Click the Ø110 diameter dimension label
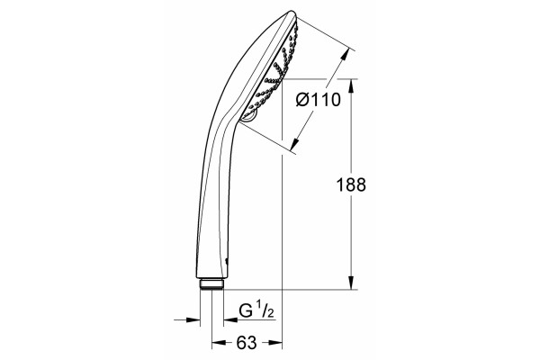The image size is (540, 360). pos(319,100)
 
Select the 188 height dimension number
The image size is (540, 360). pos(351,184)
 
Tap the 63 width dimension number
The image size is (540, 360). pos(247,342)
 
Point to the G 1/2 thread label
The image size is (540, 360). pos(256,310)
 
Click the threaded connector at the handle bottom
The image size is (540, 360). pos(211,284)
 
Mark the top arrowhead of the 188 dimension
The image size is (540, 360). pos(351,86)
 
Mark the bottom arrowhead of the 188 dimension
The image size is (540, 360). pos(351,283)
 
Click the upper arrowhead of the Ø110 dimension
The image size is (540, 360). pos(346,55)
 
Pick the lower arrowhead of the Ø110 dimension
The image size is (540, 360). pos(293,144)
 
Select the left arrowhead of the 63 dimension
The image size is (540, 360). pos(219,342)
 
